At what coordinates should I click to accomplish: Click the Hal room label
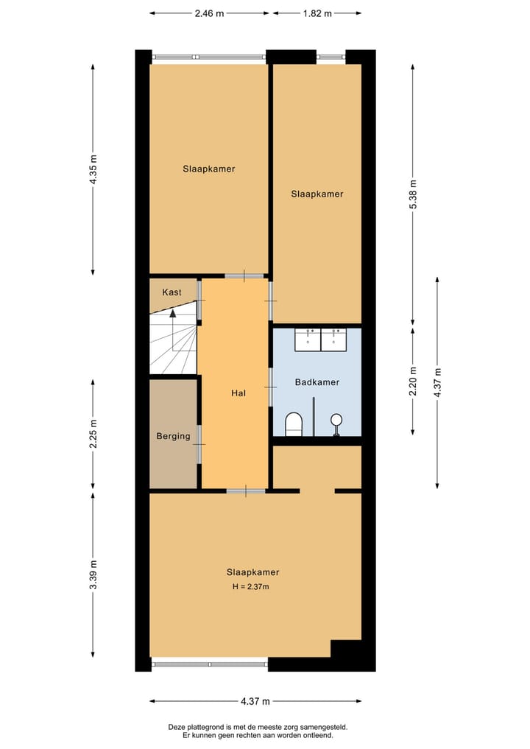click(238, 393)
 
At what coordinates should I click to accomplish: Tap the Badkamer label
click(317, 382)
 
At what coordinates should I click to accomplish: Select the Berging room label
click(173, 436)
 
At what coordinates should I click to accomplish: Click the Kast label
click(172, 292)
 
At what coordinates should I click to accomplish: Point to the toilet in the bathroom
click(294, 423)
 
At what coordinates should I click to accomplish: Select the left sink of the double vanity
click(307, 339)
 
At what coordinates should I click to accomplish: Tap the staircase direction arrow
click(173, 313)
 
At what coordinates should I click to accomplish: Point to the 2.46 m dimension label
click(210, 13)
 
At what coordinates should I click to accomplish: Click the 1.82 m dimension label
click(317, 13)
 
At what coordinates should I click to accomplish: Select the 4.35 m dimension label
click(93, 169)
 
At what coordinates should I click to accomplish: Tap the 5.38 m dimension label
click(413, 194)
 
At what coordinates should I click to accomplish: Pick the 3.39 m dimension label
click(93, 575)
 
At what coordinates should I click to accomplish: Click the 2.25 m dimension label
click(93, 434)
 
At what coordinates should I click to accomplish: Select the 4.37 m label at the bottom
click(255, 701)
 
